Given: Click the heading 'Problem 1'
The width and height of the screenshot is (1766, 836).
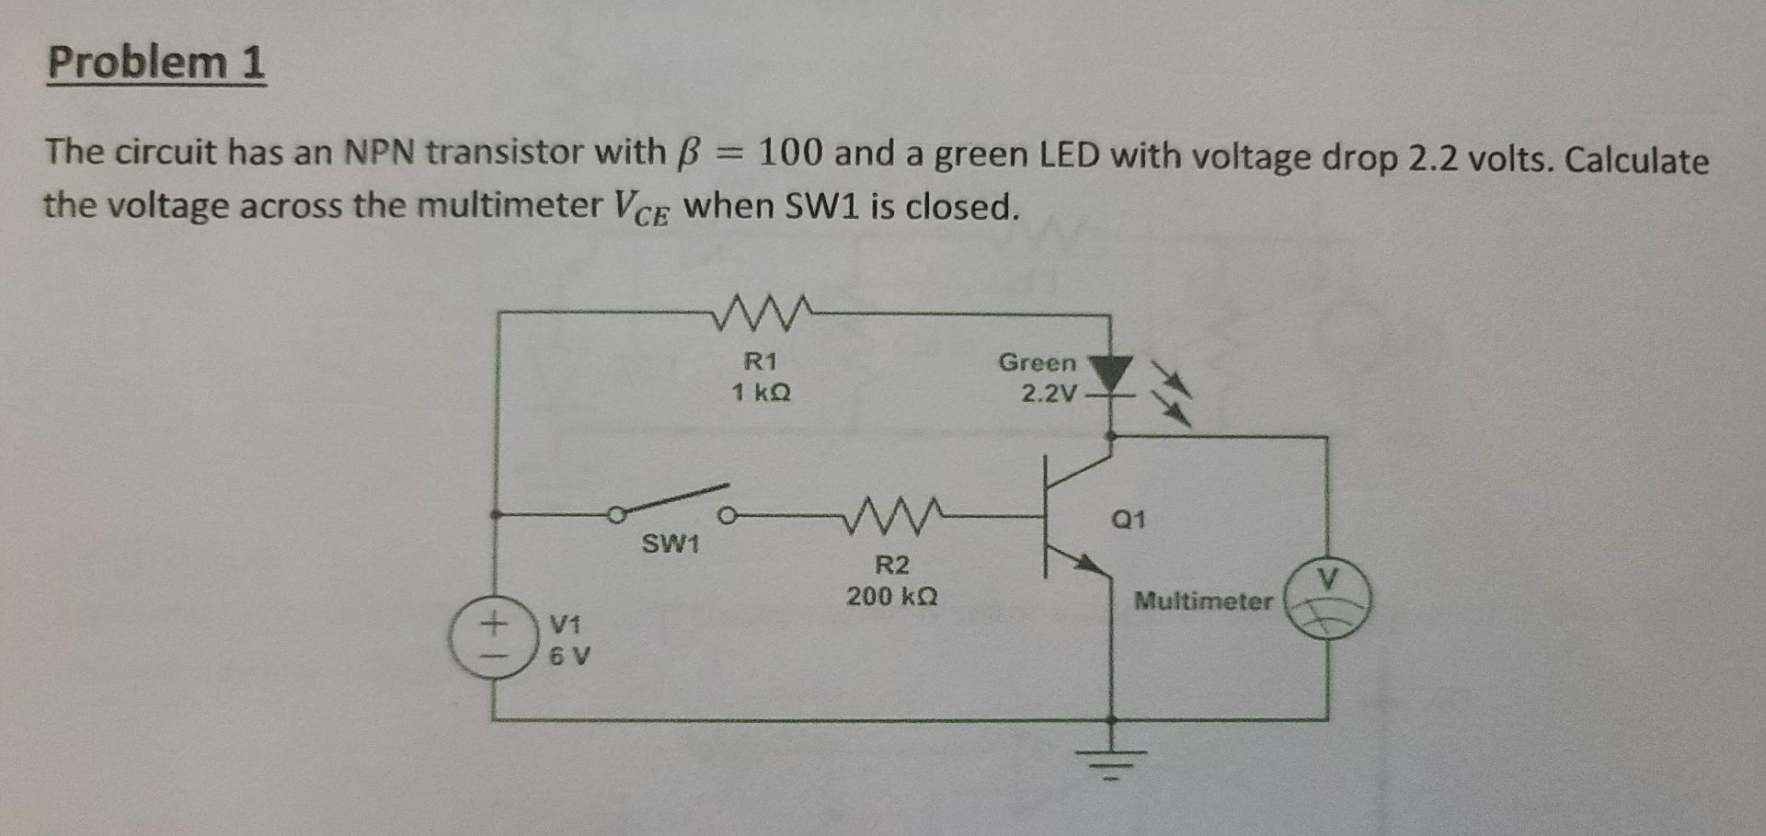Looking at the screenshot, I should pyautogui.click(x=156, y=63).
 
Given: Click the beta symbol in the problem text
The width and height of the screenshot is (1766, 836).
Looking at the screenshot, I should pyautogui.click(x=682, y=153).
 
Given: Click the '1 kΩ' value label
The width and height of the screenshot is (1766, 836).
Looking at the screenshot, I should pyautogui.click(x=761, y=393).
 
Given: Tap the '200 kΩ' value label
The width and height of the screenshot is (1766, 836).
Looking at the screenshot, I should pyautogui.click(x=891, y=597).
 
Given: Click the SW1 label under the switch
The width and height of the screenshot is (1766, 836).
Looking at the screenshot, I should pyautogui.click(x=671, y=544).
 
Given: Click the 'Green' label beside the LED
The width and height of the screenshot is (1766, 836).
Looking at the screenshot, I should pyautogui.click(x=1037, y=362).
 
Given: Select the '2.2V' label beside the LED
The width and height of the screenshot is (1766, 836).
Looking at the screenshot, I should pyautogui.click(x=1049, y=394).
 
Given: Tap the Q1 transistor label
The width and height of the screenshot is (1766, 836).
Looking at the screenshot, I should pyautogui.click(x=1129, y=520).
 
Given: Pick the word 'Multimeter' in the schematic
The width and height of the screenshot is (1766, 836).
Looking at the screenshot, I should pyautogui.click(x=1203, y=601).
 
